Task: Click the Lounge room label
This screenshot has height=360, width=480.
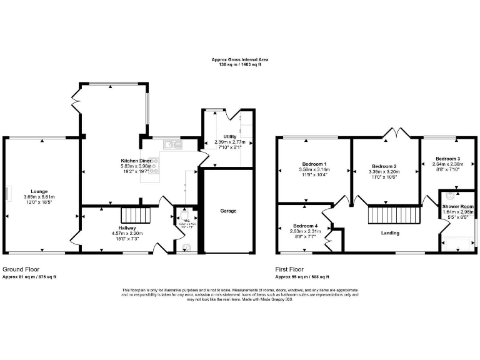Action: pyautogui.click(x=39, y=191)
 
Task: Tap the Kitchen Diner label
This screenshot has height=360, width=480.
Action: pyautogui.click(x=136, y=161)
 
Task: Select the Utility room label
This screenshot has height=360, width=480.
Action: pyautogui.click(x=229, y=136)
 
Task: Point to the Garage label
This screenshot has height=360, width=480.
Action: pyautogui.click(x=228, y=211)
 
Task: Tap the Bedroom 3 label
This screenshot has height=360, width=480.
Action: pyautogui.click(x=448, y=159)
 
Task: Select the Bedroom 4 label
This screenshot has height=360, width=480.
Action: pyautogui.click(x=305, y=226)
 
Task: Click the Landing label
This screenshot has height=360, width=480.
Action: pyautogui.click(x=391, y=233)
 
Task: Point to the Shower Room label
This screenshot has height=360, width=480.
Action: pyautogui.click(x=457, y=206)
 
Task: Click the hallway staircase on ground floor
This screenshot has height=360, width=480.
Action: pyautogui.click(x=137, y=217)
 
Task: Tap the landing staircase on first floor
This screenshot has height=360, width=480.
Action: pyautogui.click(x=383, y=216)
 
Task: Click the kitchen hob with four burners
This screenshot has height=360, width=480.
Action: pyautogui.click(x=153, y=166)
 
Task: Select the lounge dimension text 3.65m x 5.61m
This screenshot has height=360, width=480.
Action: pyautogui.click(x=39, y=197)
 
